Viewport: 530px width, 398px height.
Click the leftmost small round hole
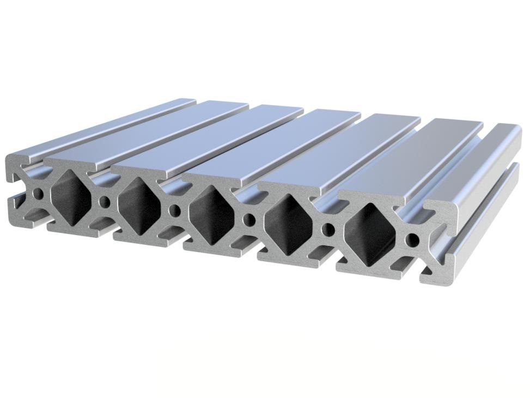[x=38, y=194]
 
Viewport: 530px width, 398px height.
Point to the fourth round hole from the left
[x=249, y=219]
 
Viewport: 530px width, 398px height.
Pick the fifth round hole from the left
[x=328, y=229]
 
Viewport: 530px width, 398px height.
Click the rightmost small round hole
[x=413, y=239]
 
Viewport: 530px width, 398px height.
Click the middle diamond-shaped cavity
[x=211, y=214]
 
